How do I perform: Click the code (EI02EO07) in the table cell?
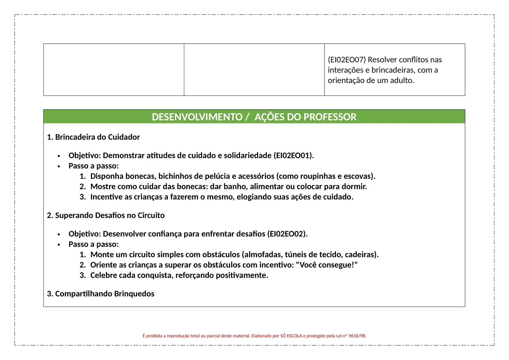point(346,60)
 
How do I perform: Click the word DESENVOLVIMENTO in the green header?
point(197,117)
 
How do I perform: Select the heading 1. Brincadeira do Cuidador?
point(93,137)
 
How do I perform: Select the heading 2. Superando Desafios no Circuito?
point(106,215)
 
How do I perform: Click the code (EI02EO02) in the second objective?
point(287,234)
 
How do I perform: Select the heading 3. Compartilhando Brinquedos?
point(101,294)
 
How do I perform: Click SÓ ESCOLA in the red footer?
point(291,336)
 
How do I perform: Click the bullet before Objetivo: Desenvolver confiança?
point(59,235)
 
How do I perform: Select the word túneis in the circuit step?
point(296,255)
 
